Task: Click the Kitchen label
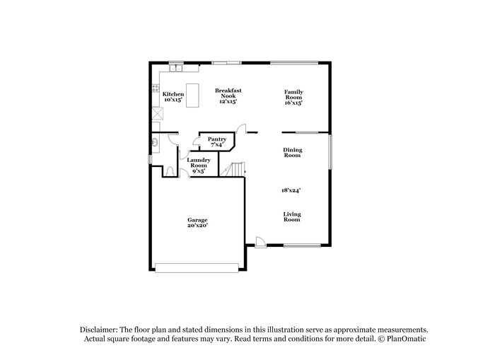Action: tap(173, 94)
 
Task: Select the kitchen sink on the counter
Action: tap(175, 69)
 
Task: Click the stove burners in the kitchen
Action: tap(156, 90)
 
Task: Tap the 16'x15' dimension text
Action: tap(293, 103)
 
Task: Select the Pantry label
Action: tap(216, 139)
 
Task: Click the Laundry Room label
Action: tap(198, 163)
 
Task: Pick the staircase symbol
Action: tap(233, 169)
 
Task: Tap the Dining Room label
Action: tap(292, 152)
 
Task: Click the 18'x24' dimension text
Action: tap(291, 190)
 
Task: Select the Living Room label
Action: tap(292, 216)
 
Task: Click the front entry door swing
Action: tap(260, 243)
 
